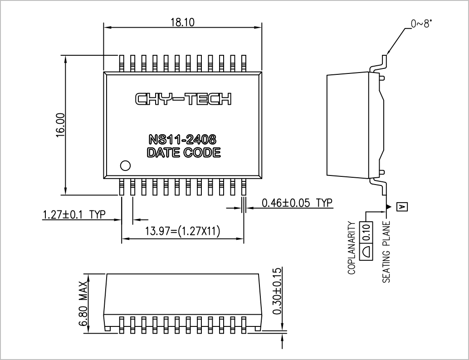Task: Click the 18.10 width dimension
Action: (x=182, y=22)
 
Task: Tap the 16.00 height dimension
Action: (x=60, y=125)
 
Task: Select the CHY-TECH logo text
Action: (x=183, y=99)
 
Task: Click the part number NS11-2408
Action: (x=182, y=139)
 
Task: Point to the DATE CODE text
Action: (x=184, y=152)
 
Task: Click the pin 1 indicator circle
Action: (x=125, y=165)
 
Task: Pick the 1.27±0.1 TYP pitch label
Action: (x=74, y=214)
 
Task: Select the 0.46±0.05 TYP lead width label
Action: (x=297, y=203)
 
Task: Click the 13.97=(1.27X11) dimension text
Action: (x=182, y=231)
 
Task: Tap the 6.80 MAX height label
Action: (x=83, y=303)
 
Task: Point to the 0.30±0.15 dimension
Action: (x=277, y=291)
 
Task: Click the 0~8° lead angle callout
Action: (x=421, y=24)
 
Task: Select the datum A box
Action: (x=402, y=207)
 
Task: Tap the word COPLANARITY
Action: (x=352, y=248)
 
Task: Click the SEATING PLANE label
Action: (x=386, y=252)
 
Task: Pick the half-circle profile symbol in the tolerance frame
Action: (x=366, y=251)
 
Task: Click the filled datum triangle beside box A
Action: (x=389, y=207)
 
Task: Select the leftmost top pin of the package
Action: (x=122, y=63)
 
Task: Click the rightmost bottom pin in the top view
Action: (x=244, y=187)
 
